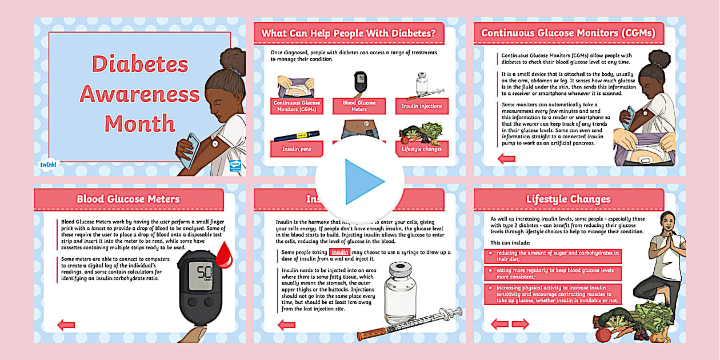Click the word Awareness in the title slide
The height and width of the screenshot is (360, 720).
[139, 93]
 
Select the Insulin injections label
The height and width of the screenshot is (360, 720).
[422, 106]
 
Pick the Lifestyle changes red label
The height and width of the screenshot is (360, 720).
[421, 149]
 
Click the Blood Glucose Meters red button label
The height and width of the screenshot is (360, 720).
[359, 106]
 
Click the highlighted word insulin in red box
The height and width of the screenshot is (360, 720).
[339, 252]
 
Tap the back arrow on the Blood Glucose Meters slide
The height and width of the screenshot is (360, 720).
[66, 325]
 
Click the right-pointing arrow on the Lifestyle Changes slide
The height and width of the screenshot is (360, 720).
[520, 324]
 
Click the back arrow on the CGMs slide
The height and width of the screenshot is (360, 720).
[506, 158]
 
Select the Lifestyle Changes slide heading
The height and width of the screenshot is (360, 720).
[568, 199]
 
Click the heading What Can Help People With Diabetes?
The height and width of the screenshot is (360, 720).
[352, 33]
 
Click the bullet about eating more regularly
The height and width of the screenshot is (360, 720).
[551, 273]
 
